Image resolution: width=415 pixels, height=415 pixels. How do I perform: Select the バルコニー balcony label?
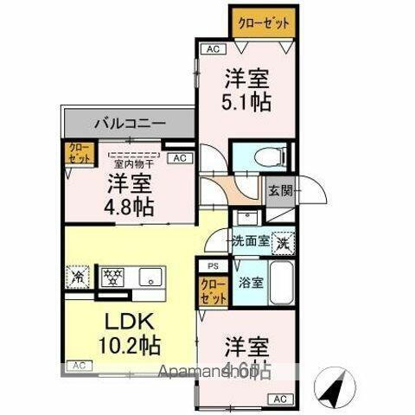point(131,124)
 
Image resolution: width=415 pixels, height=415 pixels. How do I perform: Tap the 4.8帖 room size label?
point(131,207)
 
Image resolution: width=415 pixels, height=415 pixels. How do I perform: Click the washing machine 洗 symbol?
point(283,243)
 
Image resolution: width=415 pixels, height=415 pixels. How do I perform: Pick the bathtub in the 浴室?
point(282,286)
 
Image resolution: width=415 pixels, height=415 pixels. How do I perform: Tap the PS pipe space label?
point(210,266)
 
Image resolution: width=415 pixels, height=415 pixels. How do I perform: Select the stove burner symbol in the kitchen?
point(112,278)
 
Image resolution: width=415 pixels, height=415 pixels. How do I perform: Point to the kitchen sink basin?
point(152,278)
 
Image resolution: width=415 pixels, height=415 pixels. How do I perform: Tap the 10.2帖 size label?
point(129,347)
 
